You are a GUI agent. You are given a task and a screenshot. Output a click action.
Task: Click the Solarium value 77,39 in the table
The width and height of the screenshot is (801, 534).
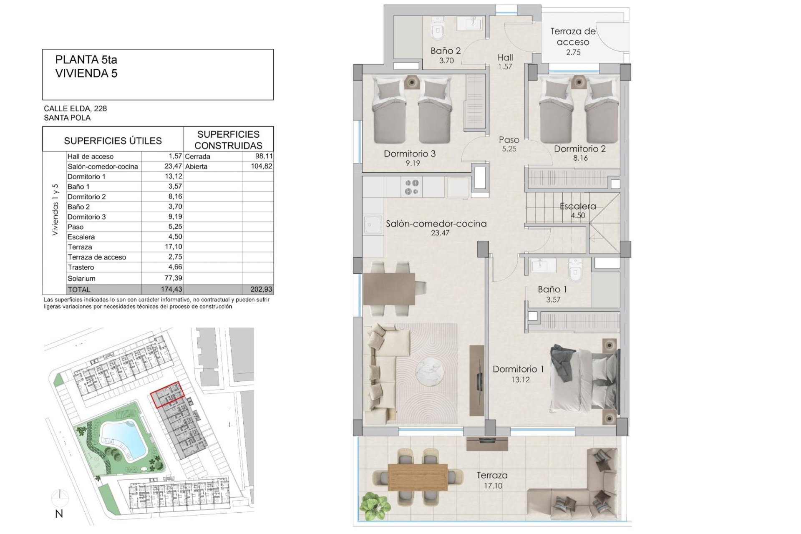point(174,278)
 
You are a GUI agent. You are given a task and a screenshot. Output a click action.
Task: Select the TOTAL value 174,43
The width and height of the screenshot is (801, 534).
point(171,289)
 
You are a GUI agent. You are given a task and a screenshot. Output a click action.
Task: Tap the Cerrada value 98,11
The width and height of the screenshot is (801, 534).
point(264,156)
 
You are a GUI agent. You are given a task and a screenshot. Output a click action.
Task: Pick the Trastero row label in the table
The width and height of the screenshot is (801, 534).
point(81,267)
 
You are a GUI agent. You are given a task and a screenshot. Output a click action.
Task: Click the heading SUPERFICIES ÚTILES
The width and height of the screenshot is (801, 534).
point(113,141)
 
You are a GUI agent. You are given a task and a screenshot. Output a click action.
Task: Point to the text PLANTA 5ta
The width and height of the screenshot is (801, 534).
point(86,60)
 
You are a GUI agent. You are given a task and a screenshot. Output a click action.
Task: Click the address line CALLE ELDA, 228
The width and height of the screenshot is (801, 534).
point(76,108)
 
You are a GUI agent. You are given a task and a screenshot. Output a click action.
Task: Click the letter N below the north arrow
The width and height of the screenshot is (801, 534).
point(59,514)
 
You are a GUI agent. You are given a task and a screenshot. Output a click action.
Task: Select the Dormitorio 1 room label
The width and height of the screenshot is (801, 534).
point(518,369)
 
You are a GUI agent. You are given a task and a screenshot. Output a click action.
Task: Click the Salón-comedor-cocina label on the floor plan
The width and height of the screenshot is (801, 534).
point(436,224)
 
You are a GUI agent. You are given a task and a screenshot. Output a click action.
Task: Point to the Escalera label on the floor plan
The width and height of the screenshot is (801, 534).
point(578,206)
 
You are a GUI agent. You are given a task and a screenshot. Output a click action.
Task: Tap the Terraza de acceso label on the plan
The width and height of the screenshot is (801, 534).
point(573,36)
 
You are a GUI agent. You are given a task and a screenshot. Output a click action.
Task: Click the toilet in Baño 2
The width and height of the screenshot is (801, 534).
point(437,27)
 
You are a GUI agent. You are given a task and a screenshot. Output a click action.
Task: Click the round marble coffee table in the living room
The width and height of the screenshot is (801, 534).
point(430,373)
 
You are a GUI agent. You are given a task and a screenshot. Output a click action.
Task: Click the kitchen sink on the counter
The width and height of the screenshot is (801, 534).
point(373,226)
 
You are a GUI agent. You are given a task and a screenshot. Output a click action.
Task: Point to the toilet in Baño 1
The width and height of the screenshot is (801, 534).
point(575,270)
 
